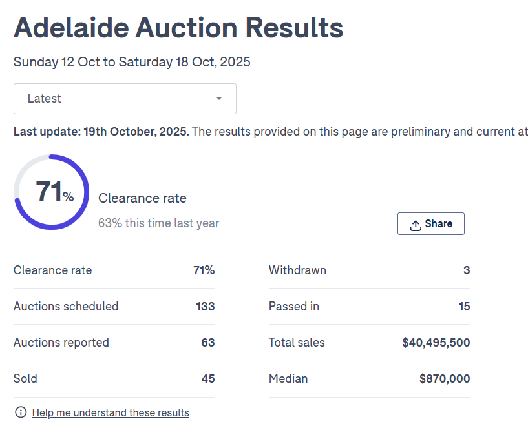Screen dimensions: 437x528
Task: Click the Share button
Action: [431, 224]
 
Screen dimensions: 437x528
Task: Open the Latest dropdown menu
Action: [125, 99]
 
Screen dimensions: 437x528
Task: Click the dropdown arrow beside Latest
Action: [219, 99]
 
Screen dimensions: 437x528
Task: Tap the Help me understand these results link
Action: [111, 412]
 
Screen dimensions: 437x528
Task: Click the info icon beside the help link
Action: [21, 412]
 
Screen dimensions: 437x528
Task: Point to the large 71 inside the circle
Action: [48, 192]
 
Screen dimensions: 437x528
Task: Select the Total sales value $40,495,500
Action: [436, 343]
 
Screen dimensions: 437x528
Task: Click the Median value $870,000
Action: [444, 379]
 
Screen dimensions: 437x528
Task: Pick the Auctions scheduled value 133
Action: [205, 307]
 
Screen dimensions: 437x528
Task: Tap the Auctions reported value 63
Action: [207, 343]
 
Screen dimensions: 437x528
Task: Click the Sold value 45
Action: [207, 379]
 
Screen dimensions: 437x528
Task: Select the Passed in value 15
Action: [464, 307]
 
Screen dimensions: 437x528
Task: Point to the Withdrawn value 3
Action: [467, 270]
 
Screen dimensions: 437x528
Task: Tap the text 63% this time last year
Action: [158, 223]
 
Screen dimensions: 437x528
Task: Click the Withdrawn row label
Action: [297, 270]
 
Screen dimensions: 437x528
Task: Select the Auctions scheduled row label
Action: [66, 307]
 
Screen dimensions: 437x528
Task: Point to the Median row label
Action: [288, 379]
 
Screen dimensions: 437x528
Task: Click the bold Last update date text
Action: [101, 132]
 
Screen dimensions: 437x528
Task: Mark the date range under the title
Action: [132, 63]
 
